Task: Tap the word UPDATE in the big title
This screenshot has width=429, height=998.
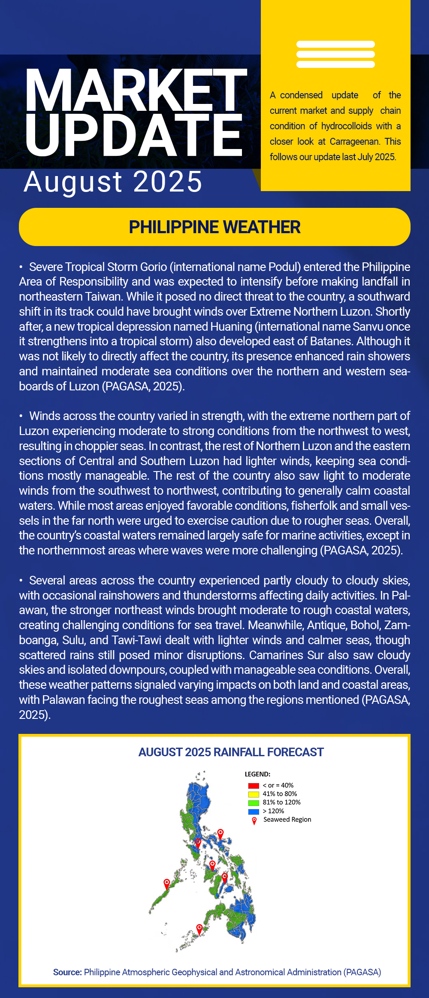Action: [134, 135]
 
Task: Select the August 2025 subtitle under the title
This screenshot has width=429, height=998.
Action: [113, 182]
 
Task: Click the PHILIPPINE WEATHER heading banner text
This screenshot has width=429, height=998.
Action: [214, 227]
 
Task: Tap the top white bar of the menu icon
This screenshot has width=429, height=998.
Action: [335, 44]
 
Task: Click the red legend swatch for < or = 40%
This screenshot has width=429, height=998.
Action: [254, 785]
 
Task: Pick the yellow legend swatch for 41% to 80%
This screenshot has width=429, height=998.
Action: [254, 794]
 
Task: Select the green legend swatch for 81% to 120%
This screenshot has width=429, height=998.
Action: [254, 803]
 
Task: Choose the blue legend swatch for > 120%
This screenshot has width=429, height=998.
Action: [254, 811]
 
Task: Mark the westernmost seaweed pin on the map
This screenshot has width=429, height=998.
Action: [167, 883]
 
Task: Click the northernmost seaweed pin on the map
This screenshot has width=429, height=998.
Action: [221, 834]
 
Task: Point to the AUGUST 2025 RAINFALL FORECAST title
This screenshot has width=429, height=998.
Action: [231, 752]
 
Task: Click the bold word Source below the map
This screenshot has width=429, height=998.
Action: [67, 972]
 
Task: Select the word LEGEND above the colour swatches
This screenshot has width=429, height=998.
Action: [257, 774]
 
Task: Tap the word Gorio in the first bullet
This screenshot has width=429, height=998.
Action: [152, 267]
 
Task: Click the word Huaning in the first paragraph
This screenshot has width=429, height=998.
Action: [231, 327]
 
